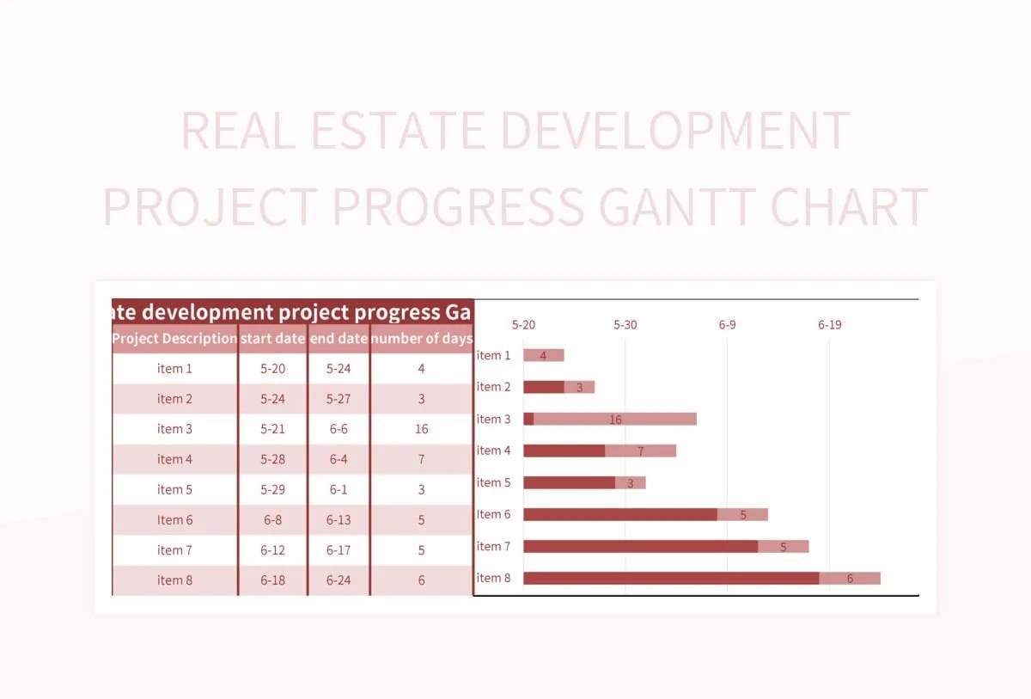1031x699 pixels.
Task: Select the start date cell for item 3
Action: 272,429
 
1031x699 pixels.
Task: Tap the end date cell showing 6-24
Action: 339,580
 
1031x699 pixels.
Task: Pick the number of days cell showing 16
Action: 421,429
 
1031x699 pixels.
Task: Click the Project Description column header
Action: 174,339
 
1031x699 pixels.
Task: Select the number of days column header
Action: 421,339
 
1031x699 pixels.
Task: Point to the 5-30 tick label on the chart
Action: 625,325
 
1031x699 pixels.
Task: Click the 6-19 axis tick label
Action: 829,325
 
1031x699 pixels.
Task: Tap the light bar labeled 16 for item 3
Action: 615,419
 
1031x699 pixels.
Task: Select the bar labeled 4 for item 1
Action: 543,355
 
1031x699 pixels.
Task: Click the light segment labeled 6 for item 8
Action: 850,578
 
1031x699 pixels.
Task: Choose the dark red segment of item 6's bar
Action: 619,514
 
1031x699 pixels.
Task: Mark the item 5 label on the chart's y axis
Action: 493,482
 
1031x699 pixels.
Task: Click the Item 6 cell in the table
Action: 174,520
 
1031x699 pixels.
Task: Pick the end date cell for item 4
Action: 339,459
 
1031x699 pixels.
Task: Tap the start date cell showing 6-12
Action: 272,550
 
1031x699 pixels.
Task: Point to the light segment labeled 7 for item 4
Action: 640,451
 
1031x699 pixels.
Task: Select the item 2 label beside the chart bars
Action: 493,387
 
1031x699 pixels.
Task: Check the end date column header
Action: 339,339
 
